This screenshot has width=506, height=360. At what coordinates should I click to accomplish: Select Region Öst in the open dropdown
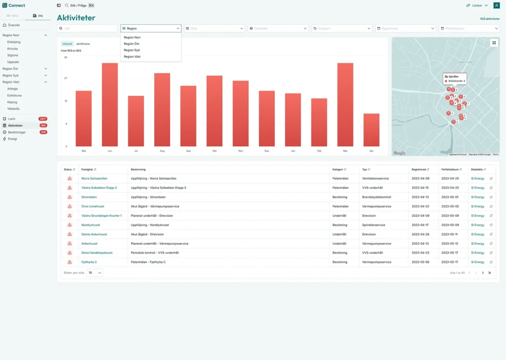(131, 44)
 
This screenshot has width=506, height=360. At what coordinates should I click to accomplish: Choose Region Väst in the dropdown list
(132, 57)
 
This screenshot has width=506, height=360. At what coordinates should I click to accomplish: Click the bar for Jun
(110, 104)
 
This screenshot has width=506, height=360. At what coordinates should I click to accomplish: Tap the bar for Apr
(372, 130)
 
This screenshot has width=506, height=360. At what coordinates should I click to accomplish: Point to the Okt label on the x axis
(214, 150)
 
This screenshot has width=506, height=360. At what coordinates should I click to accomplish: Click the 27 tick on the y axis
(66, 78)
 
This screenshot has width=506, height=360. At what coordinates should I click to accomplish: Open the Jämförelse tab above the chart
(83, 44)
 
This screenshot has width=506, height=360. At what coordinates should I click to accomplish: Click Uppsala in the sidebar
(13, 62)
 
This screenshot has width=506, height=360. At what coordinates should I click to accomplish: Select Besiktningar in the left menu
(17, 132)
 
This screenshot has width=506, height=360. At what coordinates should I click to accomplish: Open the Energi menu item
(12, 139)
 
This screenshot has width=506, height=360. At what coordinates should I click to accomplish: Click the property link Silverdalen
(89, 197)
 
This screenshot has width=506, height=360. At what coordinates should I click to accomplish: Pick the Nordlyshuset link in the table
(90, 225)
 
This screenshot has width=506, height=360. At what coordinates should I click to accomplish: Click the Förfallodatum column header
(451, 169)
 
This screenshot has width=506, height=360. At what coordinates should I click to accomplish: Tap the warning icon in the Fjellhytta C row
(70, 262)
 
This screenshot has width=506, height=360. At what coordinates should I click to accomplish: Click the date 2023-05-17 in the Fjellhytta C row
(450, 262)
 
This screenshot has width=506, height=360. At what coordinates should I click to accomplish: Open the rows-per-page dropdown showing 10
(95, 272)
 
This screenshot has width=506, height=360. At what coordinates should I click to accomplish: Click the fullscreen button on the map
(494, 43)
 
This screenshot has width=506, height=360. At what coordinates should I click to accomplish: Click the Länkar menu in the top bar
(477, 5)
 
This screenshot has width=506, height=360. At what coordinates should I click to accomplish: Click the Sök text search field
(87, 29)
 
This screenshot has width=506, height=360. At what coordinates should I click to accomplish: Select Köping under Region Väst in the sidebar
(12, 102)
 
